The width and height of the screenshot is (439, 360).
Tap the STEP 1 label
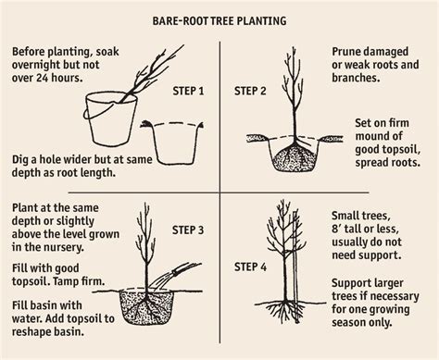click(188, 93)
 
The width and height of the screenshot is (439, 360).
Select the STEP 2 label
click(251, 93)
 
